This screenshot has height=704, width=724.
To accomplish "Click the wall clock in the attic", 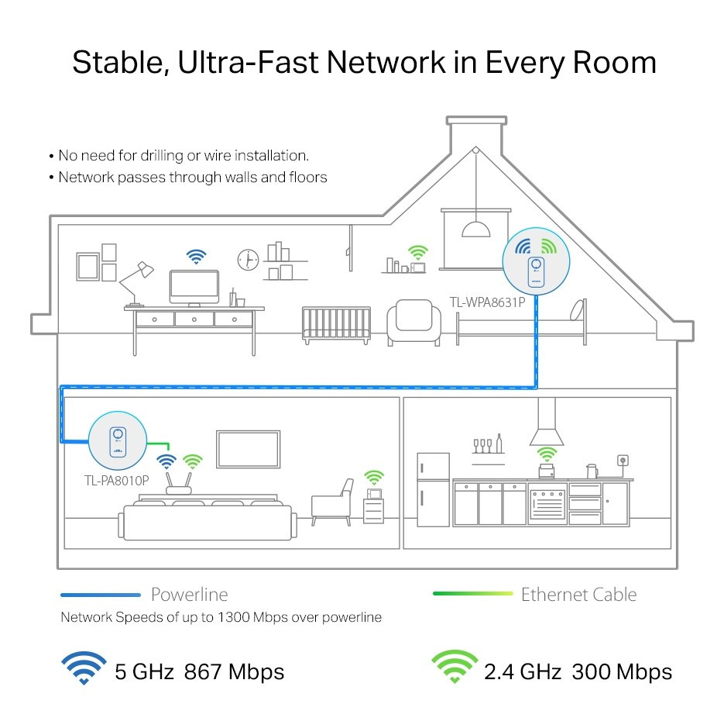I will (248, 260).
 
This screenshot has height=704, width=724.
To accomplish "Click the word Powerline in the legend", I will (189, 595).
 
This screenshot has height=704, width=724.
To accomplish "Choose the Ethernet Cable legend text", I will (578, 595).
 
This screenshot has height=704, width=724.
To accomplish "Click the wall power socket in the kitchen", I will (621, 461).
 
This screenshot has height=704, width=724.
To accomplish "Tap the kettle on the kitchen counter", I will (591, 471).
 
